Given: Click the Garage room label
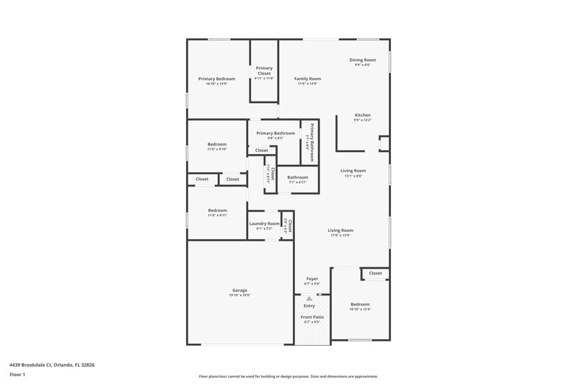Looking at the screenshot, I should (239, 290).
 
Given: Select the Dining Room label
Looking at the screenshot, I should (363, 60).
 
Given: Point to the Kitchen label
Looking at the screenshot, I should (362, 115).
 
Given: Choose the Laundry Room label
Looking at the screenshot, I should (265, 223).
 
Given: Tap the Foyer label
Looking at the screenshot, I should (312, 278).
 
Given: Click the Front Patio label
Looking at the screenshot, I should (312, 317).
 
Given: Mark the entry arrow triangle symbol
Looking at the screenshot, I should (309, 298).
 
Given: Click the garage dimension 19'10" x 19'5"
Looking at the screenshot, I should (239, 295).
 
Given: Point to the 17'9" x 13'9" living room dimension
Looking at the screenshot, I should (340, 236).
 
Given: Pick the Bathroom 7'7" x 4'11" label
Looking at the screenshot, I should (297, 178).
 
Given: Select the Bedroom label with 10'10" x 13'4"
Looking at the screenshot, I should (361, 304).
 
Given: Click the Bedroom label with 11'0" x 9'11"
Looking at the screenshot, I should (217, 210).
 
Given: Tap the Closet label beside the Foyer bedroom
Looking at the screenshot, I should (375, 273).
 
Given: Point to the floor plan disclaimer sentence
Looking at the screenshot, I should (288, 376).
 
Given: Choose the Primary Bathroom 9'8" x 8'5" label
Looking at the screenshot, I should (276, 133).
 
